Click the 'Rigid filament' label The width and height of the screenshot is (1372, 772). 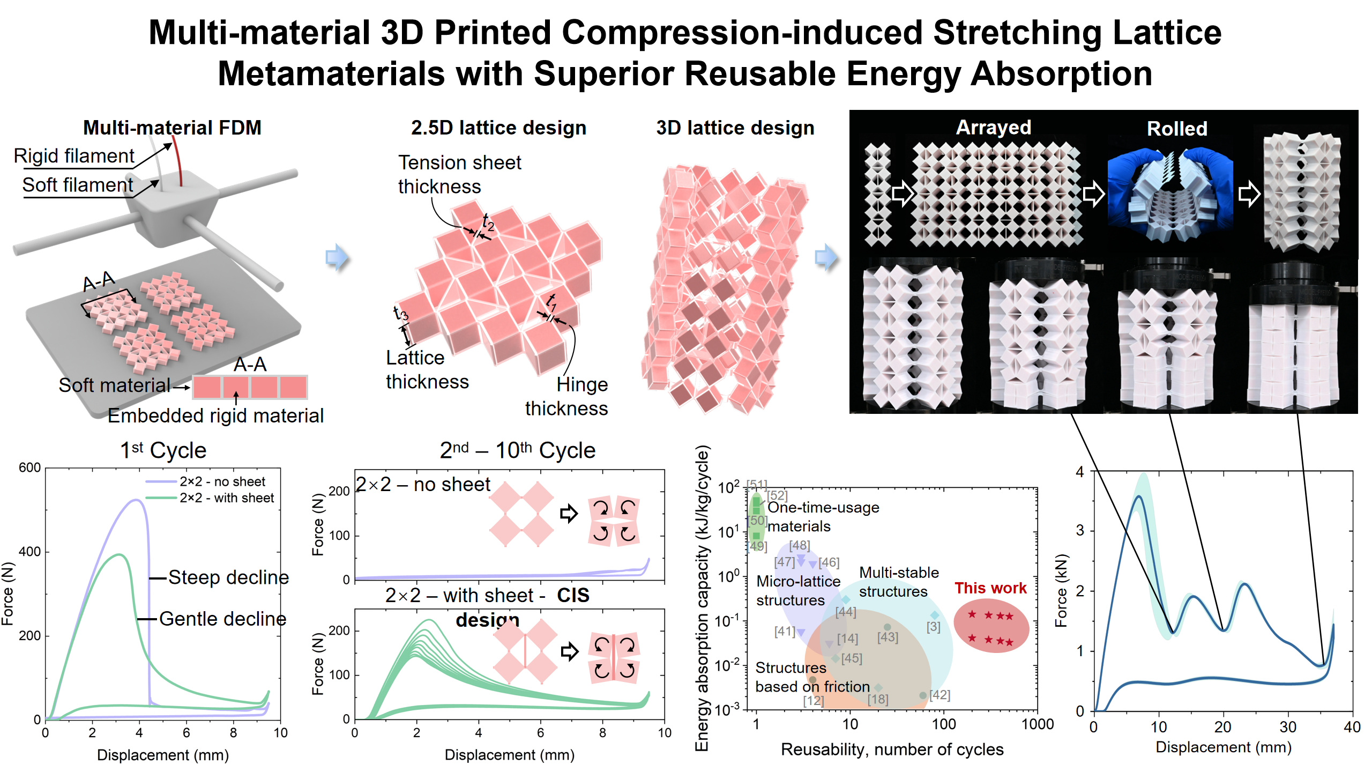[74, 156]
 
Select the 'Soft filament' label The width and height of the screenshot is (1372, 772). [78, 185]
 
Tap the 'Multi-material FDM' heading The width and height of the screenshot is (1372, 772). [172, 128]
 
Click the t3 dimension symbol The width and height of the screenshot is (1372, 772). [400, 314]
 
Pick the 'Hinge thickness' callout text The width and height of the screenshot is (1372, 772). [566, 396]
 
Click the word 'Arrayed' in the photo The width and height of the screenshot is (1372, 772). [993, 128]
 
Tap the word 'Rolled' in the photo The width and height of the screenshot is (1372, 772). [1176, 129]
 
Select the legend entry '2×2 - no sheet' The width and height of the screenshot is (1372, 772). [222, 481]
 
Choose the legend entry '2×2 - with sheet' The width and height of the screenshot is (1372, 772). [226, 498]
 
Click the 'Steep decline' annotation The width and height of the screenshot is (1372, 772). [228, 577]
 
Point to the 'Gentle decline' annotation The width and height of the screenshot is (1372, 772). [222, 619]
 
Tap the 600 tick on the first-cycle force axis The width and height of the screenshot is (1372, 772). [30, 467]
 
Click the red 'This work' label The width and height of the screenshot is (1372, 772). [990, 588]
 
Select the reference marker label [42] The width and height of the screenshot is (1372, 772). [939, 695]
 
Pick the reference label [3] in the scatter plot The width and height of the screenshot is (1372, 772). [933, 627]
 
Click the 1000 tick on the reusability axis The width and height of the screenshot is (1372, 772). [1037, 724]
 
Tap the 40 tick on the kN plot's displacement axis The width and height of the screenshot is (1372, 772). [1352, 728]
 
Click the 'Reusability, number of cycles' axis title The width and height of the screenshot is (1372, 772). [892, 749]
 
